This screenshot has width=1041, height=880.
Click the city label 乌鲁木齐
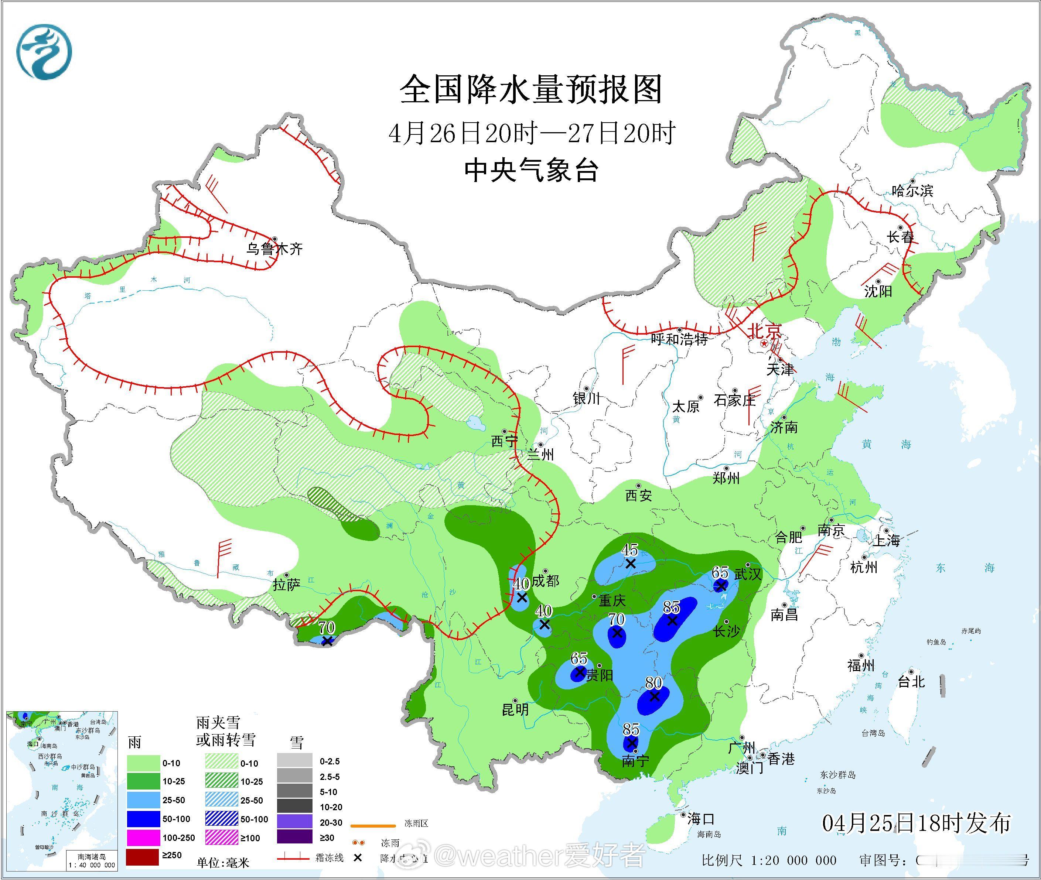click(274, 249)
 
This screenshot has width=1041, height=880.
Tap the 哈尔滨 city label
click(912, 191)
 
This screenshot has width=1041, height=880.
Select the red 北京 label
click(765, 331)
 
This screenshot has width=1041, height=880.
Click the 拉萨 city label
click(286, 585)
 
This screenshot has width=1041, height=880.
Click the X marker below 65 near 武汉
click(721, 586)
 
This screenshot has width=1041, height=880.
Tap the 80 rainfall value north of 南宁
click(653, 683)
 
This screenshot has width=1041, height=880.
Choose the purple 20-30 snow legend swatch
click(294, 823)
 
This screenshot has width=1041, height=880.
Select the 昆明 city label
click(515, 709)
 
